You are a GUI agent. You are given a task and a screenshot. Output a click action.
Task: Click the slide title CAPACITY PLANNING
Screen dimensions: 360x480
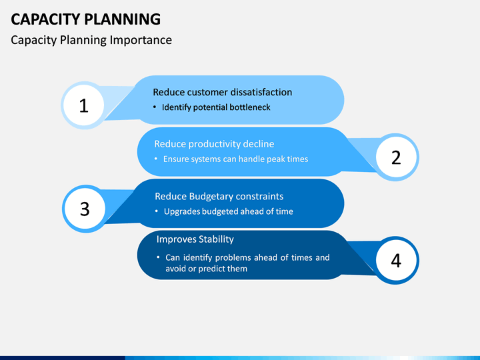85,18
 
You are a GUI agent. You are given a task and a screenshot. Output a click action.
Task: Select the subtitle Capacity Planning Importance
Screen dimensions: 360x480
91,40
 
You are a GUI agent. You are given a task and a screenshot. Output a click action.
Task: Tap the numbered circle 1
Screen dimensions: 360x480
84,105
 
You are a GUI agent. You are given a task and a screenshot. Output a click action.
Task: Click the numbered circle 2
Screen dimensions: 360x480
396,157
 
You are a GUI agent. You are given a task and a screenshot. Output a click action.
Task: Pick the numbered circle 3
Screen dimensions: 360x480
85,209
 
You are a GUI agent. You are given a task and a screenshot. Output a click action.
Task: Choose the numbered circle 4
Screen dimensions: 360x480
396,261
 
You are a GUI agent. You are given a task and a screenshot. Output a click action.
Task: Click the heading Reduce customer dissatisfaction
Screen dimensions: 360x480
222,92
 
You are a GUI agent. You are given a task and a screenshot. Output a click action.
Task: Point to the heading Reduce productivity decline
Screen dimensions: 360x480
214,144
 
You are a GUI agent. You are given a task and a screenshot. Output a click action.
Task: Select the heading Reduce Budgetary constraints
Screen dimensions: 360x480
219,196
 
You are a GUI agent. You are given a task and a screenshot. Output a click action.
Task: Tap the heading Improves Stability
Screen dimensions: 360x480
195,239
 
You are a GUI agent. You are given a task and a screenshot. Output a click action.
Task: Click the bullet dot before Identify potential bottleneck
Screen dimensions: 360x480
155,107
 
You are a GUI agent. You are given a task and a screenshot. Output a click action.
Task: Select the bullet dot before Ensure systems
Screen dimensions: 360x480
156,159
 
